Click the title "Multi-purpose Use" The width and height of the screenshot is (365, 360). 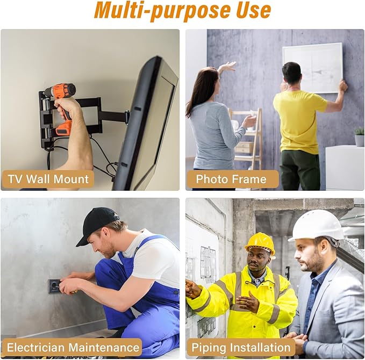[182, 11]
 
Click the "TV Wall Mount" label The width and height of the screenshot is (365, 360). [48, 179]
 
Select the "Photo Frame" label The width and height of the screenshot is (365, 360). [231, 179]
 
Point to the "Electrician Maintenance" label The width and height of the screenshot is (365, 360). [73, 347]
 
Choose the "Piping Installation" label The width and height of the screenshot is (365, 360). [241, 347]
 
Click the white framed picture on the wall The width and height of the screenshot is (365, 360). [312, 67]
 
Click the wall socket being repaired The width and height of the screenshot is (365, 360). [55, 286]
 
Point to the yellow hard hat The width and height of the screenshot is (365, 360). [260, 242]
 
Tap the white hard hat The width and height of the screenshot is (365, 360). [317, 224]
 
